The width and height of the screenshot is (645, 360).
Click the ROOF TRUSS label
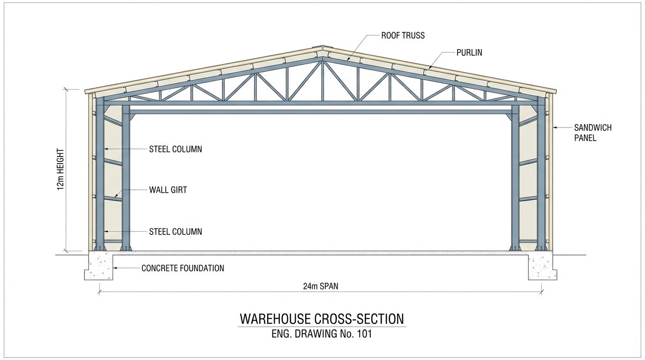[x=403, y=36]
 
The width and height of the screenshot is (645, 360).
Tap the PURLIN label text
[x=469, y=52]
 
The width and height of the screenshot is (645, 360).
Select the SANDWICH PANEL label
[x=593, y=133]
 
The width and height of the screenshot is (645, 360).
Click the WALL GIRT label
[x=168, y=190]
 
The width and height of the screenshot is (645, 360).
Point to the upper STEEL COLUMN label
[x=175, y=149]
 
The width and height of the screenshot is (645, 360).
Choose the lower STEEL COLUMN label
[x=175, y=232]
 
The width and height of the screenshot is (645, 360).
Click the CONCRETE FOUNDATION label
[x=182, y=268]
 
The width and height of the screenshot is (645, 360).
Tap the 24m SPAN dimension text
[x=321, y=286]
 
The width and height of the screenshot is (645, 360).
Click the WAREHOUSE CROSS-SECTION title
[x=322, y=319]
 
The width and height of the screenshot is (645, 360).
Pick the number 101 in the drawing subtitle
[x=364, y=334]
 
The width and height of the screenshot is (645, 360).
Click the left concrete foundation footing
[x=99, y=266]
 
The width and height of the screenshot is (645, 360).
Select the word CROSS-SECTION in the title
[x=359, y=319]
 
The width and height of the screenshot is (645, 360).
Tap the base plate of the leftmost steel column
[x=100, y=248]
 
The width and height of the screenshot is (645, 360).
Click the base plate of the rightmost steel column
[x=541, y=248]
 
